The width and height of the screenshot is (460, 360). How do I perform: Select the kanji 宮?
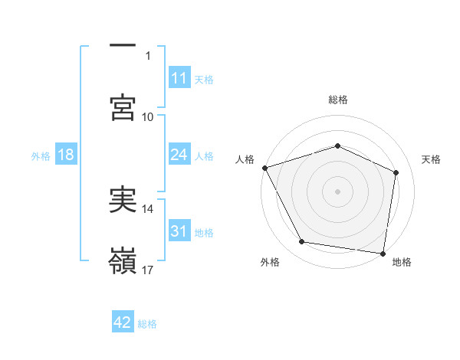click(123, 108)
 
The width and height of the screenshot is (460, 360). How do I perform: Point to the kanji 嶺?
click(123, 261)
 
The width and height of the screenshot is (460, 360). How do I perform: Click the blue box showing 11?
click(179, 78)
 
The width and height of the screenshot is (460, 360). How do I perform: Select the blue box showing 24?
click(179, 155)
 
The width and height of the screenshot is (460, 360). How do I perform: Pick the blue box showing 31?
click(179, 231)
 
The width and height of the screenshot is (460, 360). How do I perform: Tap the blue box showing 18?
click(66, 155)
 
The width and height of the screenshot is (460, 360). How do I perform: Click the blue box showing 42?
click(123, 322)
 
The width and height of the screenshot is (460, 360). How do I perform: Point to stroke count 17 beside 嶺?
click(149, 270)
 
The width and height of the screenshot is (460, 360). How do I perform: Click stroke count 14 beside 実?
click(148, 208)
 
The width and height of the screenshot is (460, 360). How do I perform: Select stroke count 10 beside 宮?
click(148, 116)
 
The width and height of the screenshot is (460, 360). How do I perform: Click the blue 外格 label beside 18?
click(41, 155)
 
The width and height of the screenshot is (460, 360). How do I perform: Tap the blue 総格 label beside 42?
click(147, 324)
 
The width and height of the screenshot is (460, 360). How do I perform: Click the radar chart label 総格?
click(337, 100)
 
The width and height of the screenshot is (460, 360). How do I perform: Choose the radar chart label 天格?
click(432, 159)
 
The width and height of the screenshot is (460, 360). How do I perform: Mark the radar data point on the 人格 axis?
click(265, 168)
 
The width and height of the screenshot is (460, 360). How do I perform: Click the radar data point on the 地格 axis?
click(383, 253)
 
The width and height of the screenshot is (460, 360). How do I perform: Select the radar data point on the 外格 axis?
click(302, 242)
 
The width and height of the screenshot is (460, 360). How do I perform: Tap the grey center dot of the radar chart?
click(337, 191)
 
